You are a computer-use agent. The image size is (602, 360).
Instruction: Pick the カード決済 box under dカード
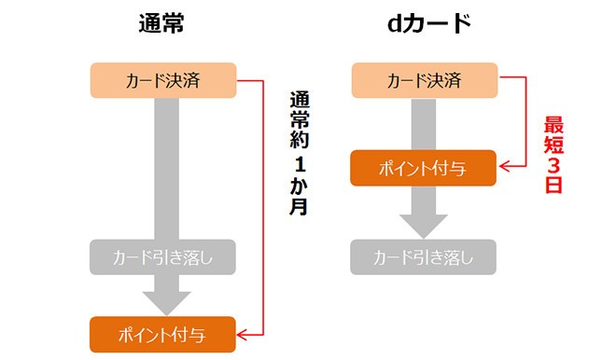point(424,81)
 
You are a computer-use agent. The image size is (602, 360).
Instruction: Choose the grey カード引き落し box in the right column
point(424,256)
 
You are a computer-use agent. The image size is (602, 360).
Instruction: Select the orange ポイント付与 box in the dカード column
point(424,169)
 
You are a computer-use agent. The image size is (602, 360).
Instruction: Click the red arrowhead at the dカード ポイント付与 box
point(506,169)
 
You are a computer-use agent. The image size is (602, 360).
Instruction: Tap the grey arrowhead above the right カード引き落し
point(424,226)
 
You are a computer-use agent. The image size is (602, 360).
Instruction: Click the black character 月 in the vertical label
point(299,207)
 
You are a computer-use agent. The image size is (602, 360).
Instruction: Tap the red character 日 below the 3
point(554,187)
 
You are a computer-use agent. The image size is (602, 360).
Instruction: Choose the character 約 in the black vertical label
point(299,140)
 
